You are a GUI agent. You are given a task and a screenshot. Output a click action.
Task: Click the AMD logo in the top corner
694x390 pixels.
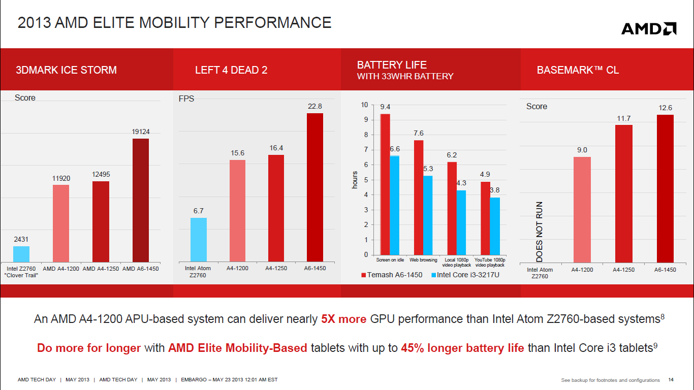(649, 28)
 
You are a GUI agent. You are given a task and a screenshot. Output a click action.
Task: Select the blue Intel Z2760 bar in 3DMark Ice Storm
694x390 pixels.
(21, 254)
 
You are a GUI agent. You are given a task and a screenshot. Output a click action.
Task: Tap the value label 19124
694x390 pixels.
(141, 132)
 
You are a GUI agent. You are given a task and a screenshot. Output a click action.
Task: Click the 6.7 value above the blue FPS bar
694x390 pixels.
(198, 211)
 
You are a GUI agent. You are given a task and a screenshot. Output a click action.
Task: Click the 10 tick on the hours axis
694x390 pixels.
(364, 105)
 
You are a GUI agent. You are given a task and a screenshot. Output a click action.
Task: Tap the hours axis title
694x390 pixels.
(355, 180)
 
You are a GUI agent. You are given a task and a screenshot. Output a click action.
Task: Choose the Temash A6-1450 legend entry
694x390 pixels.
(392, 275)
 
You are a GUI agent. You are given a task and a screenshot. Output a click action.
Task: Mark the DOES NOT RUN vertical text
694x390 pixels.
(540, 232)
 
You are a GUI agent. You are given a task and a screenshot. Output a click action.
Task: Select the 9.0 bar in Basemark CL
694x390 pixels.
(582, 209)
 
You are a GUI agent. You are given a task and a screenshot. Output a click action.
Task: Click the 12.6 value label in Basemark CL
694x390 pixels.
(665, 108)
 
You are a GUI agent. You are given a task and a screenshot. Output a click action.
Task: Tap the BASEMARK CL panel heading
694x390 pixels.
(578, 71)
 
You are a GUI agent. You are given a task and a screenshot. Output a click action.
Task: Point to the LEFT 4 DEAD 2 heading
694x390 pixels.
(231, 71)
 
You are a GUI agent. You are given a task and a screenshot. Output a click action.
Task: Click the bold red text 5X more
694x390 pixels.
(343, 319)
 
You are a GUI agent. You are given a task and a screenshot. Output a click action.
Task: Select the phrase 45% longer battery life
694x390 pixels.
(462, 348)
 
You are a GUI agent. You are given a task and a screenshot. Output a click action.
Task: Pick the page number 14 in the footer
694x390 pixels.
(671, 380)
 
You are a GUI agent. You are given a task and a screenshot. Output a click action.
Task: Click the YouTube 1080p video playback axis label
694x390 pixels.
(490, 262)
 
